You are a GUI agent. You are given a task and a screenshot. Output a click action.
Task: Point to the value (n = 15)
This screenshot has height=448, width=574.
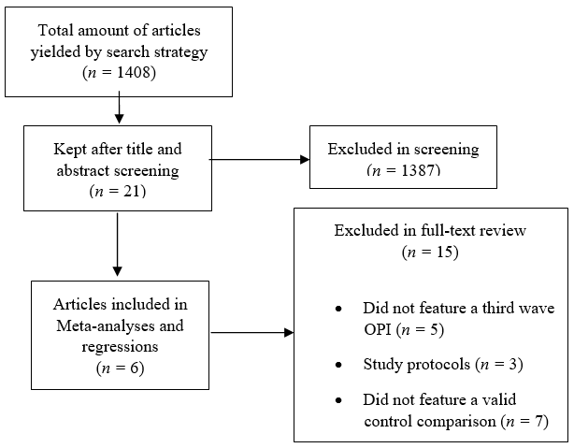[x=431, y=251]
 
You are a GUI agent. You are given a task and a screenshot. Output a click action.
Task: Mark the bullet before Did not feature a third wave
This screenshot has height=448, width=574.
[x=337, y=309]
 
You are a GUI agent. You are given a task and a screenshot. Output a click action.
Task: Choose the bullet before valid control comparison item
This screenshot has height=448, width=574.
[x=337, y=400]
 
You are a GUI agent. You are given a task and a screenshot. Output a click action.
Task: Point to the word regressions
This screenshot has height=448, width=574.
[x=118, y=346]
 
